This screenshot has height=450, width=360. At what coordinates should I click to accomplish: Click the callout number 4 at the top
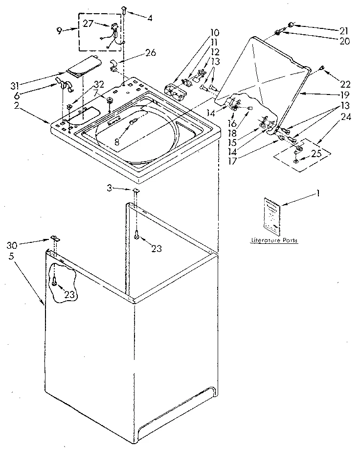point(149,19)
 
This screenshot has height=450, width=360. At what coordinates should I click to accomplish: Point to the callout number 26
point(151,53)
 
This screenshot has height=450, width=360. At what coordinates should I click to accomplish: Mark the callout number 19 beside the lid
point(332,95)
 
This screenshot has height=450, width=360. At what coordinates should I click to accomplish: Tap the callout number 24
point(333,117)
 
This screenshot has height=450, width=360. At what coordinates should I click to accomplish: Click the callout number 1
point(318,193)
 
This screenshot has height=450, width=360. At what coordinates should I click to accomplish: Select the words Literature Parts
point(273,240)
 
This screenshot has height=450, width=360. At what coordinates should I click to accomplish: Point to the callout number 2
point(17,105)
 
